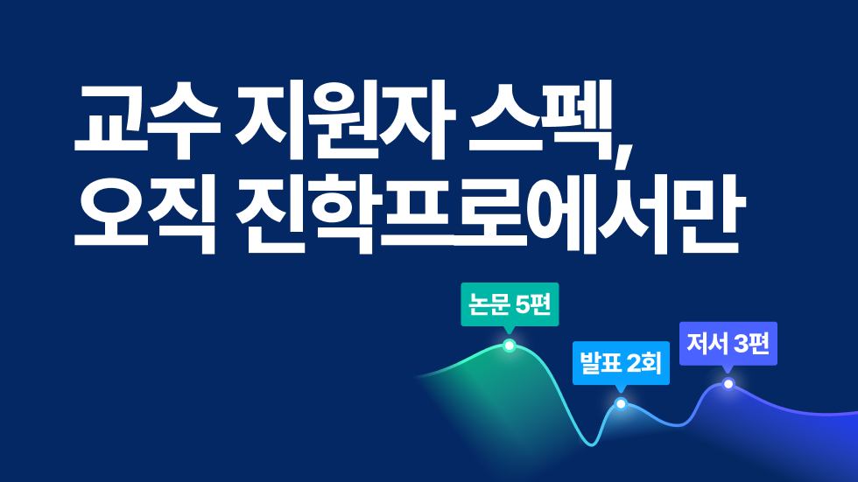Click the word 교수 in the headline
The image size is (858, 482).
coord(147,120)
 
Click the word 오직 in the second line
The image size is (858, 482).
coord(145,215)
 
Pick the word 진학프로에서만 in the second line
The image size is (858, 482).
coord(490,215)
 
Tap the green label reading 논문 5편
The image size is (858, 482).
coord(510,304)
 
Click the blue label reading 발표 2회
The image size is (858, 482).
coord(621,363)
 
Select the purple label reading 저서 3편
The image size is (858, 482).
coord(728,344)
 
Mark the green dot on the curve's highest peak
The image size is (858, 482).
coord(510,346)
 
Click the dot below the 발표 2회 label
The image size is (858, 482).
coord(621,404)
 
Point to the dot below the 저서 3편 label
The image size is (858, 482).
coord(728,384)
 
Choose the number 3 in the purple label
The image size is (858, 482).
coord(742,344)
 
